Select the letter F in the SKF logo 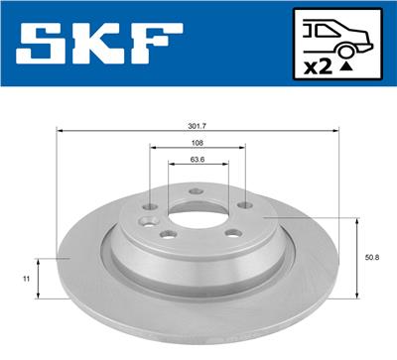pos(157,44)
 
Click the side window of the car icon pos(321,30)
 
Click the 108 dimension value pos(197,143)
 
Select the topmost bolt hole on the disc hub pos(196,190)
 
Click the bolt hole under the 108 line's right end pos(243,204)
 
